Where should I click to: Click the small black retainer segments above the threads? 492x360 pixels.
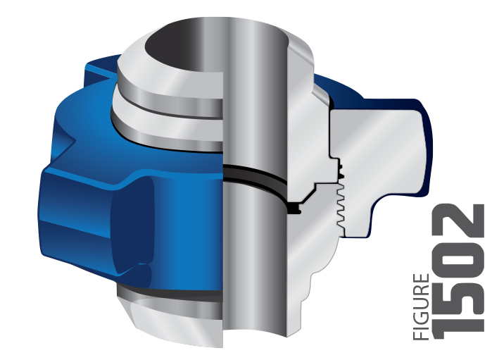click(340, 170)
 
